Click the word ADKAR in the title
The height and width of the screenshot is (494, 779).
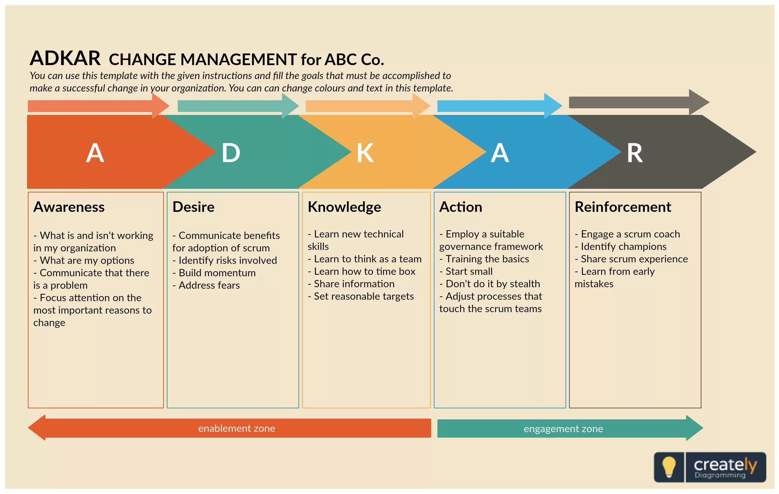click(x=65, y=58)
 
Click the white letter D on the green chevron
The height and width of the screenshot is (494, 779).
click(x=231, y=153)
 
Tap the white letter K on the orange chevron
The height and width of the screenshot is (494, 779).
click(x=365, y=153)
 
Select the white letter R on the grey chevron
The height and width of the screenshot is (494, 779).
click(x=635, y=153)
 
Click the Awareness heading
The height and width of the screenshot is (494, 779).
click(x=69, y=207)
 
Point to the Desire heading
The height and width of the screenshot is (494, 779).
click(x=193, y=207)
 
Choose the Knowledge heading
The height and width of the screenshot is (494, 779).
click(x=344, y=207)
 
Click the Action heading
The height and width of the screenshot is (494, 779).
click(x=460, y=207)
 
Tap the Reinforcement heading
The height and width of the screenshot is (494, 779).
click(x=622, y=207)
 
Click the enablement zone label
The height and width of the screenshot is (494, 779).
click(x=237, y=428)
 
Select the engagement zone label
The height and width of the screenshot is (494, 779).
click(x=563, y=429)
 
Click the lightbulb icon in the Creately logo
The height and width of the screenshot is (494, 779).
click(x=669, y=467)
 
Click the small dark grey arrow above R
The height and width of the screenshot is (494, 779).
click(x=638, y=102)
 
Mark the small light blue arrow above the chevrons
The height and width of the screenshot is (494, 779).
click(x=499, y=106)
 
